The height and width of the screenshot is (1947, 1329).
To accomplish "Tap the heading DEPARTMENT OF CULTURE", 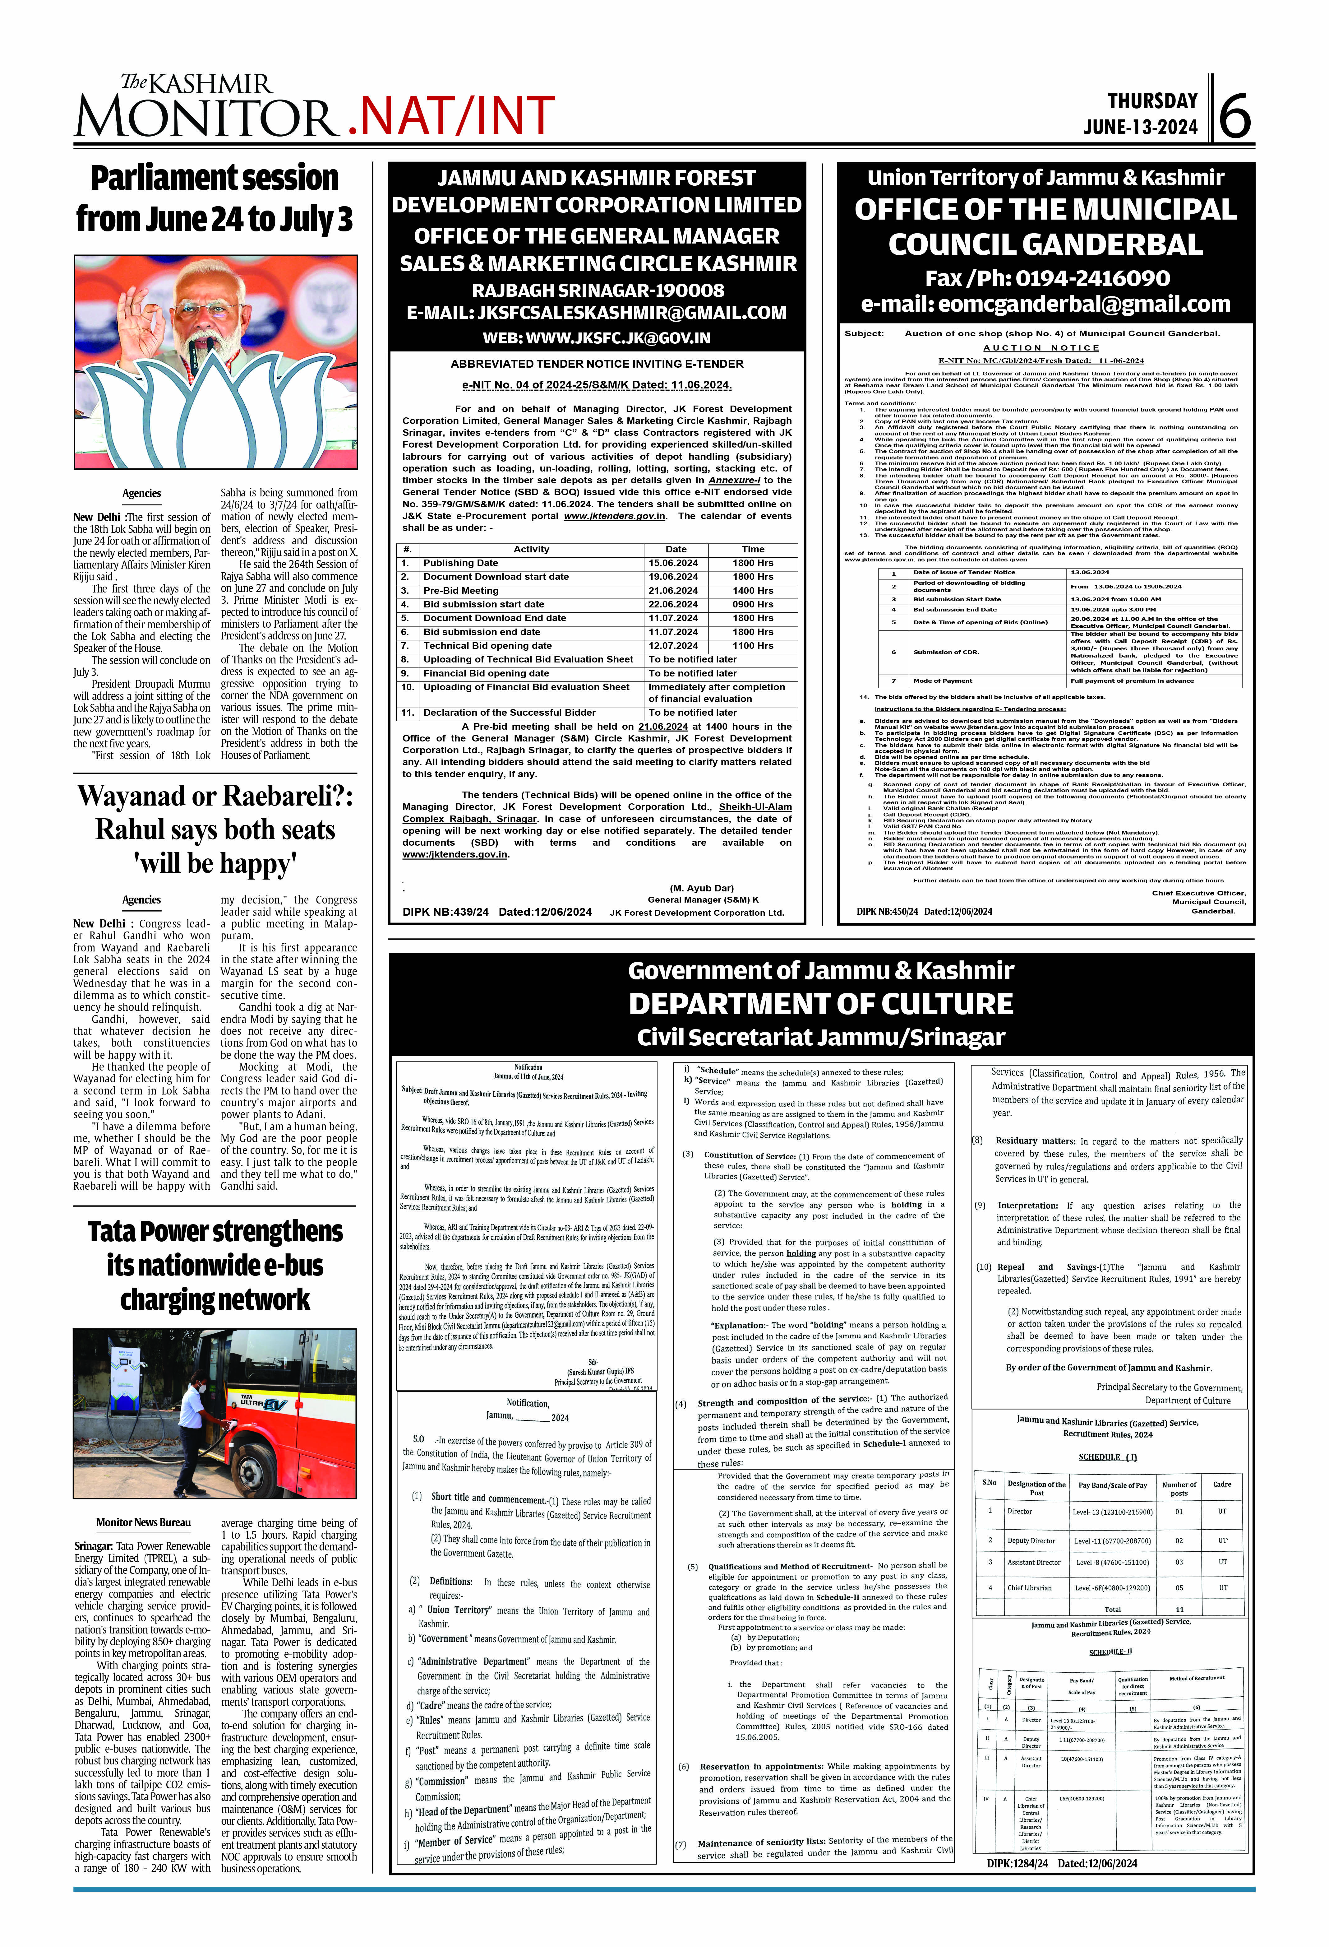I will [x=821, y=1004].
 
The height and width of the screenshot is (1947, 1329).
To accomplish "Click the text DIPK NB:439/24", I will [x=445, y=912].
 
